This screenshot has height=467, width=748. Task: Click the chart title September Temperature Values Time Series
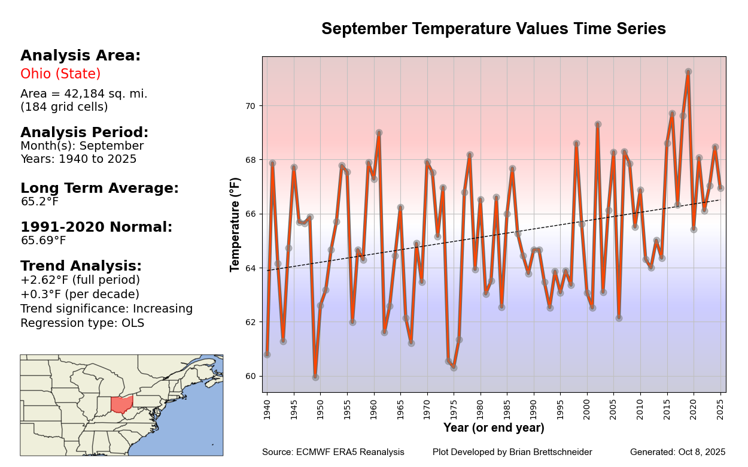coord(493,29)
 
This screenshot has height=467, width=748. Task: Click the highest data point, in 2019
coord(688,72)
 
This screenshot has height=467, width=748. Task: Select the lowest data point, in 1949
coord(315,377)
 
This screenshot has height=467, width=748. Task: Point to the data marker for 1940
coord(267,354)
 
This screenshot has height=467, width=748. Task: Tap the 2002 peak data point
coord(598,125)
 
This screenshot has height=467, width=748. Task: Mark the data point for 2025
coord(720,188)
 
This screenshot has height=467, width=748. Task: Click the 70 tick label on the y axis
coord(250,106)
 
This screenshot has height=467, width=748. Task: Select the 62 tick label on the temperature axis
coord(250,322)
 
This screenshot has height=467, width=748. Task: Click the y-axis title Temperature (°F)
coord(236,225)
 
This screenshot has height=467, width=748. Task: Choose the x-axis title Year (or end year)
coord(494,428)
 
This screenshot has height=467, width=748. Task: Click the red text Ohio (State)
coord(60,74)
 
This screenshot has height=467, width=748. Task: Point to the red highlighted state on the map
coord(122,405)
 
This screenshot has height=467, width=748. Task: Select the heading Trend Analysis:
coord(81,266)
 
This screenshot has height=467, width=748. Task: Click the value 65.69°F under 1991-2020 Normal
coord(43,241)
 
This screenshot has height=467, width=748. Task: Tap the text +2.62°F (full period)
coord(80,280)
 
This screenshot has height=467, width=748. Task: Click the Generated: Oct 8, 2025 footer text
coord(677,452)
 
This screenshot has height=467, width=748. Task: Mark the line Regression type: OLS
coord(82,323)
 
